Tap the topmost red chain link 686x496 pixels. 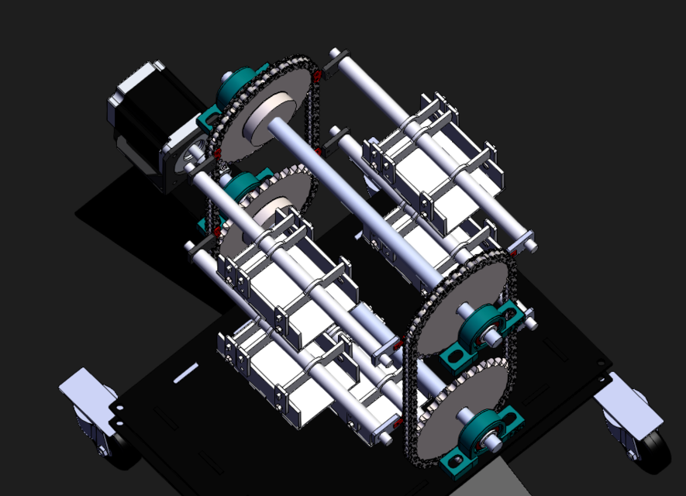(317, 75)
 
